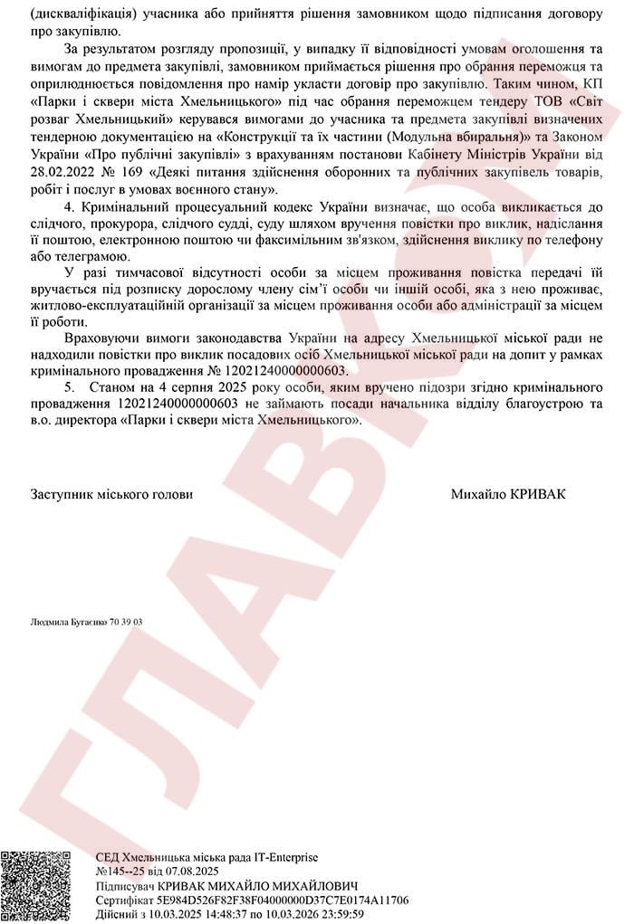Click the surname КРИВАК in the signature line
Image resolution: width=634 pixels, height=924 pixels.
[543, 495]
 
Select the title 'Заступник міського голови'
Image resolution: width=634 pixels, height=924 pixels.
[111, 495]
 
